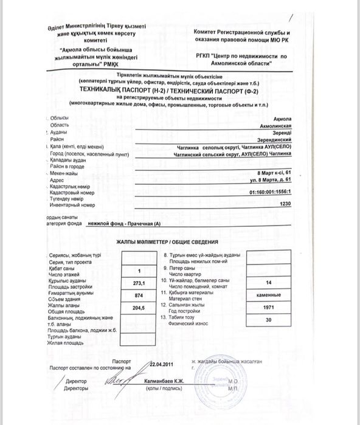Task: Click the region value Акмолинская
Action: [x=276, y=124]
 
